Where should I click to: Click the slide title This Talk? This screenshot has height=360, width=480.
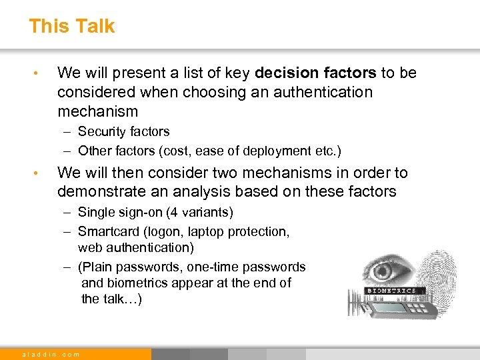[x=71, y=26]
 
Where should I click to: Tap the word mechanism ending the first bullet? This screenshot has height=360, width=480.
[x=97, y=111]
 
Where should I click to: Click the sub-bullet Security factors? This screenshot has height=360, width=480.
[x=123, y=131]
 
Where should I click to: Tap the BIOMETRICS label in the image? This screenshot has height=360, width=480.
[x=391, y=291]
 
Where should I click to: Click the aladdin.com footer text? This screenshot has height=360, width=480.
[x=51, y=355]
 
